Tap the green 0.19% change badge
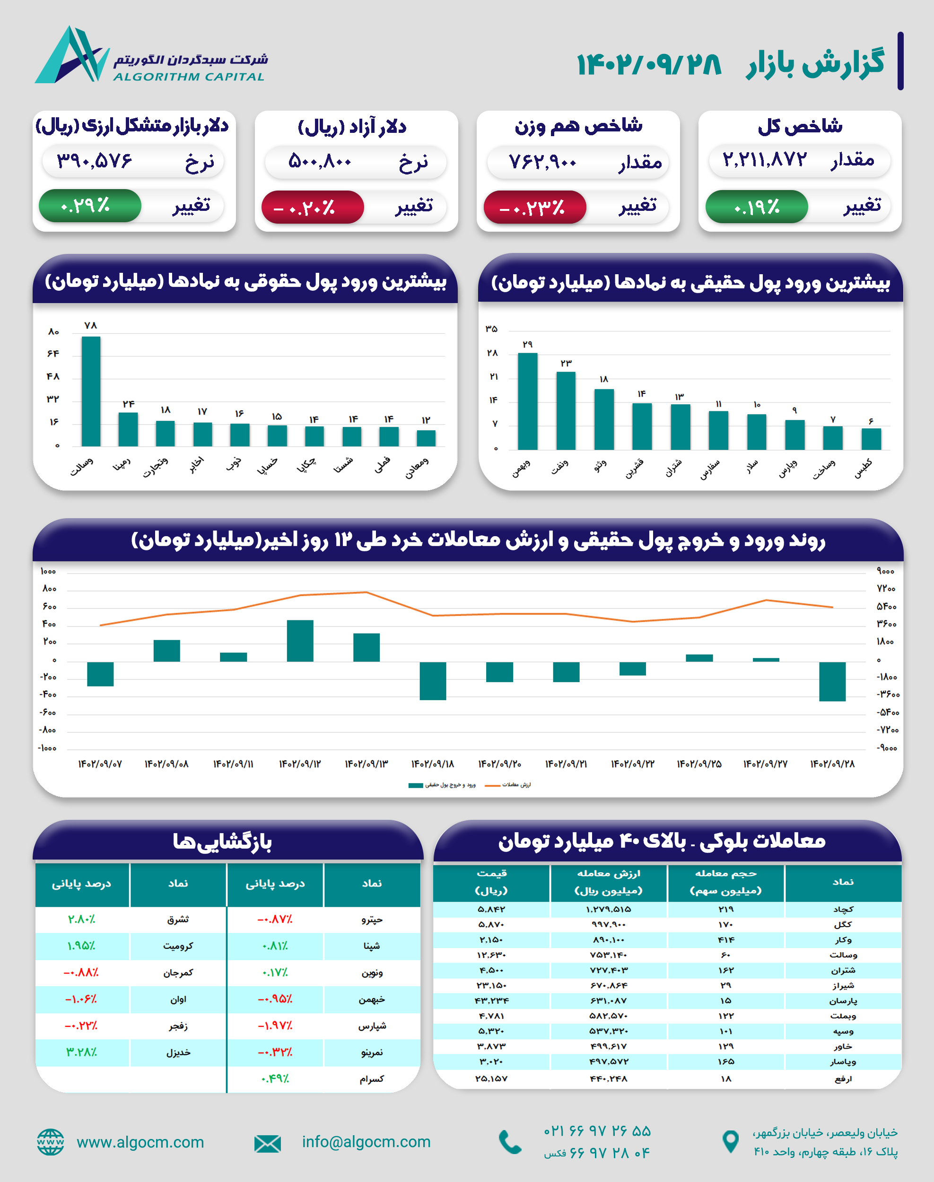click(x=756, y=207)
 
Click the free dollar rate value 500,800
click(x=320, y=161)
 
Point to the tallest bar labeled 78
click(x=91, y=391)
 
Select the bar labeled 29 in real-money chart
click(x=527, y=401)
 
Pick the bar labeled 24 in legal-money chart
click(x=128, y=429)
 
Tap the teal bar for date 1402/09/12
click(x=300, y=641)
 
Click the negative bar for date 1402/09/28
click(x=832, y=681)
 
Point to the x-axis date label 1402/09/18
click(x=433, y=764)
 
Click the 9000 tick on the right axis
click(x=885, y=571)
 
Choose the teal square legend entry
click(x=442, y=785)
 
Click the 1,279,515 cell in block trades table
click(x=608, y=909)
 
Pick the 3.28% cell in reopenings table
click(x=81, y=1052)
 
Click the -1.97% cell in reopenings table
click(x=275, y=1026)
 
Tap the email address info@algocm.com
click(x=366, y=1142)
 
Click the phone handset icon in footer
click(x=510, y=1142)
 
